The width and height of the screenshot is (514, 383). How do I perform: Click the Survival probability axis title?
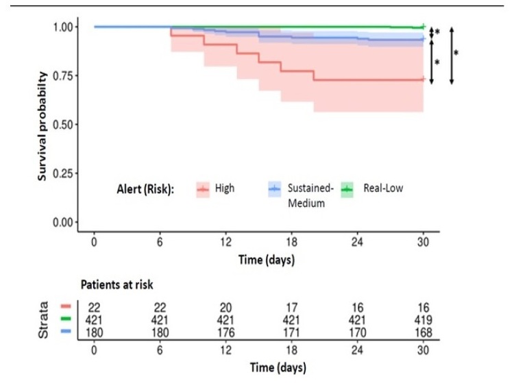[x=42, y=126]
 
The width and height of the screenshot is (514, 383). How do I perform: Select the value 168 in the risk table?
[x=422, y=332]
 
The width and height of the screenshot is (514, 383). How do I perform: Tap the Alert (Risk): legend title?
[x=145, y=187]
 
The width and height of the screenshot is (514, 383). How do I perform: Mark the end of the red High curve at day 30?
[x=424, y=79]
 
